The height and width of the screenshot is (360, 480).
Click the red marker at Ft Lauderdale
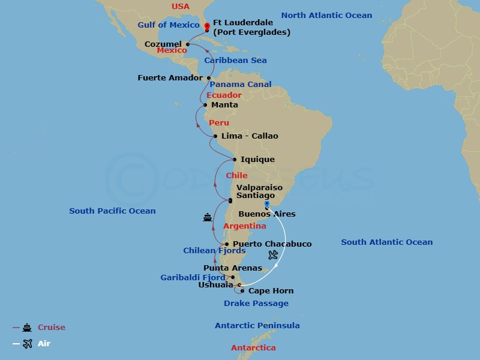(x=207, y=26)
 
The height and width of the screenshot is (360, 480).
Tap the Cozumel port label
(x=163, y=44)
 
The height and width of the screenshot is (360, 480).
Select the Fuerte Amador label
(x=170, y=77)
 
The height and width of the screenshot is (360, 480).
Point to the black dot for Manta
(x=206, y=105)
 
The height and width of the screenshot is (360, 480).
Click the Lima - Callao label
(x=250, y=136)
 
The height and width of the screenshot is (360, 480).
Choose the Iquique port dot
(x=235, y=160)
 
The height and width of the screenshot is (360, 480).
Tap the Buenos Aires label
(x=267, y=214)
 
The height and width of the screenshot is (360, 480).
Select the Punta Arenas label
(x=233, y=268)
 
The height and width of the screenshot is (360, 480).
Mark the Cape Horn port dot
(x=242, y=291)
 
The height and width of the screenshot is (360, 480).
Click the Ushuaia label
(x=215, y=285)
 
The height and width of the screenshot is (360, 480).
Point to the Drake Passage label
(x=256, y=304)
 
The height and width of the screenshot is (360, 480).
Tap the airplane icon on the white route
(x=274, y=255)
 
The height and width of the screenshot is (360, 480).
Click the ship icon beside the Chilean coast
(x=208, y=218)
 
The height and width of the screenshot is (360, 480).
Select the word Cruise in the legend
(x=52, y=328)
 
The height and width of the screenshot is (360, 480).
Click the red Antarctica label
(x=254, y=348)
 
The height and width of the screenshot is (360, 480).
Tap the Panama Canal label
(x=241, y=85)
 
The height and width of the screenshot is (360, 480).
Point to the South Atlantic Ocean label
(x=386, y=242)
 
